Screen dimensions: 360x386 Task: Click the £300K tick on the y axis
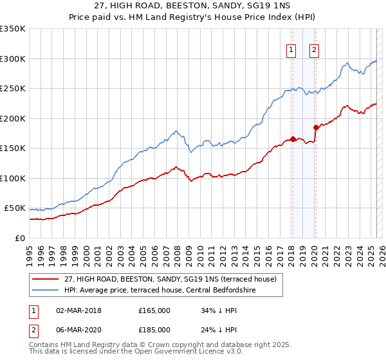click(14, 59)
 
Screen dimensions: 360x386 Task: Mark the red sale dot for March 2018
click(293, 139)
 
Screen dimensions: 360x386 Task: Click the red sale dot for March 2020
click(316, 127)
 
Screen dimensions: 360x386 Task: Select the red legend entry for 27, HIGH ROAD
click(170, 279)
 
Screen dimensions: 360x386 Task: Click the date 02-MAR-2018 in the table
click(78, 310)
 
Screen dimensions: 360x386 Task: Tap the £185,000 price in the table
click(154, 329)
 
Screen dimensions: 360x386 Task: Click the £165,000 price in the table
click(154, 310)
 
